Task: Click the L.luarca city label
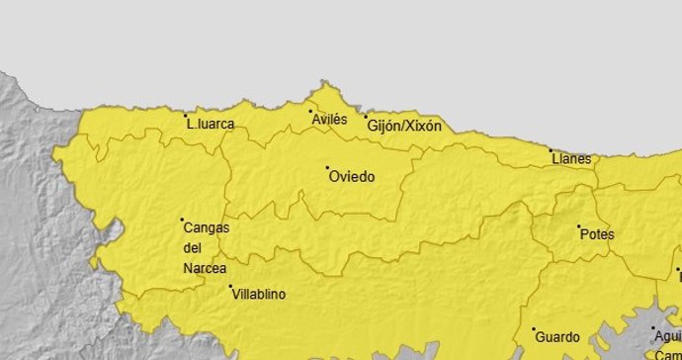point(213,125)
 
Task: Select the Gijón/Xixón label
point(404,127)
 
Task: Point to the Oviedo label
point(352,177)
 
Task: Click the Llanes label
point(573,159)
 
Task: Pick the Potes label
point(599,235)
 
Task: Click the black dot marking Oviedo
point(328,167)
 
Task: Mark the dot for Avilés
point(310,111)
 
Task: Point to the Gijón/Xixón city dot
point(366,116)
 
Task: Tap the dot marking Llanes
point(552,149)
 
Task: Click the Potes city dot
point(579,226)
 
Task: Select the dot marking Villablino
point(231,287)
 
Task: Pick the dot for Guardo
point(534,329)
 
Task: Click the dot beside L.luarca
point(188,117)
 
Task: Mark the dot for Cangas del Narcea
point(182,219)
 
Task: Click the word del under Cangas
point(194,248)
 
